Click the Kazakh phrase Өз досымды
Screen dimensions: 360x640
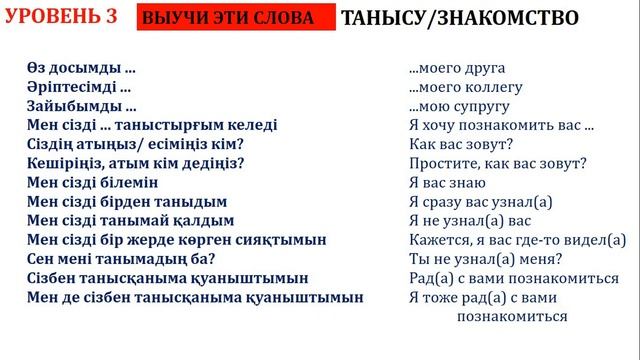pyautogui.click(x=82, y=69)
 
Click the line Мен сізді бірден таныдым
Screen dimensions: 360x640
pyautogui.click(x=127, y=201)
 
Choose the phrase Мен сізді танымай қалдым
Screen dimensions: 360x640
pyautogui.click(x=131, y=220)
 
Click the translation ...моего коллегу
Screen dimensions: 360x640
pyautogui.click(x=467, y=88)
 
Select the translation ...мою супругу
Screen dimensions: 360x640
pyautogui.click(x=460, y=106)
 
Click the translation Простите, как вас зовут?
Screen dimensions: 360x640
pyautogui.click(x=497, y=163)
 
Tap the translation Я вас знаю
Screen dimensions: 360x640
pyautogui.click(x=447, y=182)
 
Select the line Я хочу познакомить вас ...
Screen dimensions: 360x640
pyautogui.click(x=501, y=125)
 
